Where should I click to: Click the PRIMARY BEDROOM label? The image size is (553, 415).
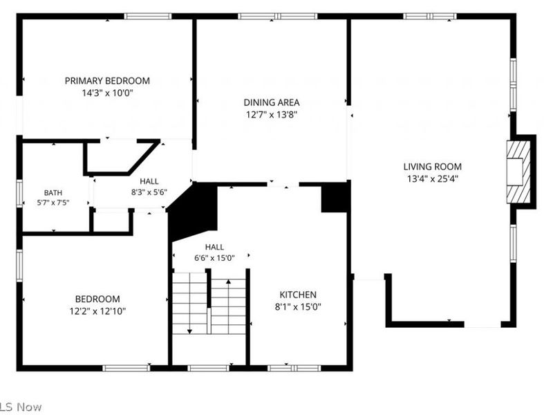pyautogui.click(x=107, y=81)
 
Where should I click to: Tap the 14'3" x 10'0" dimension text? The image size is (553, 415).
pyautogui.click(x=108, y=93)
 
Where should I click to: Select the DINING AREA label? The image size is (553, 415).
pyautogui.click(x=272, y=102)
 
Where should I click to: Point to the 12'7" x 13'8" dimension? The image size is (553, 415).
pyautogui.click(x=272, y=115)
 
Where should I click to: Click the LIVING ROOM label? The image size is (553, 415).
pyautogui.click(x=433, y=167)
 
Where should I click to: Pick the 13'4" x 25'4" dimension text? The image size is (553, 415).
pyautogui.click(x=433, y=178)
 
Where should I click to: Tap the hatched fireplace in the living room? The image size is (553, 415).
pyautogui.click(x=518, y=172)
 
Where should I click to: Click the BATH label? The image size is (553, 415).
pyautogui.click(x=53, y=193)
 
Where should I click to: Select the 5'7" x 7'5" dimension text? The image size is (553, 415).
pyautogui.click(x=53, y=203)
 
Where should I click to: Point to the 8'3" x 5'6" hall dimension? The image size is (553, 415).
pyautogui.click(x=149, y=192)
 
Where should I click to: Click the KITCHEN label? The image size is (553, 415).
pyautogui.click(x=298, y=295)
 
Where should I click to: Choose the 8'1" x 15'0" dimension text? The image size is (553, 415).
pyautogui.click(x=298, y=306)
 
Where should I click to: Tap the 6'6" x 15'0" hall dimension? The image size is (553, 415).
pyautogui.click(x=214, y=258)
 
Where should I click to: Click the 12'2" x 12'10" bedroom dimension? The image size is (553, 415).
pyautogui.click(x=97, y=311)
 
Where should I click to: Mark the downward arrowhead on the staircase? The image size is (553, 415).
pyautogui.click(x=189, y=331)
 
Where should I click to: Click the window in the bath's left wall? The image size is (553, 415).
pyautogui.click(x=19, y=194)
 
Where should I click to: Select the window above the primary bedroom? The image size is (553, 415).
pyautogui.click(x=148, y=16)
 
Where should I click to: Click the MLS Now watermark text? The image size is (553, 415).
pyautogui.click(x=21, y=407)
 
